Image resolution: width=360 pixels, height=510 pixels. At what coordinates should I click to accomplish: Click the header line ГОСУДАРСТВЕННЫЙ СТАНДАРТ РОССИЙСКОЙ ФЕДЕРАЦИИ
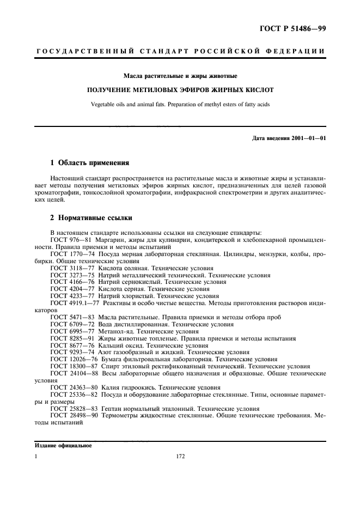tap(180, 52)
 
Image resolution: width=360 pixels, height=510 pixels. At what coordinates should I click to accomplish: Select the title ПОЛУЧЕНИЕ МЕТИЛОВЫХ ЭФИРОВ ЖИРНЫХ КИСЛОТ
tap(180, 89)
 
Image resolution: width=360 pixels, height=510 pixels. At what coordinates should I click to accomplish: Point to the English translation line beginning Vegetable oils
tap(180, 104)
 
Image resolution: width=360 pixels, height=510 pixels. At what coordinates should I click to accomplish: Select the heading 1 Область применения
tap(89, 162)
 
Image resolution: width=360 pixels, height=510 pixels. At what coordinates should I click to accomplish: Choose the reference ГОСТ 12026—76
tap(74, 360)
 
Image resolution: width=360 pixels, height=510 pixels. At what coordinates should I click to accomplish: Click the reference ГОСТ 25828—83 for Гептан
tap(74, 408)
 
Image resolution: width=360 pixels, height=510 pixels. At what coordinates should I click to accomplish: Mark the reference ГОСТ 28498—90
tap(74, 415)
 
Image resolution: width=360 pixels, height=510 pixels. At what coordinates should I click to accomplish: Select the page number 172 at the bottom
tap(181, 457)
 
